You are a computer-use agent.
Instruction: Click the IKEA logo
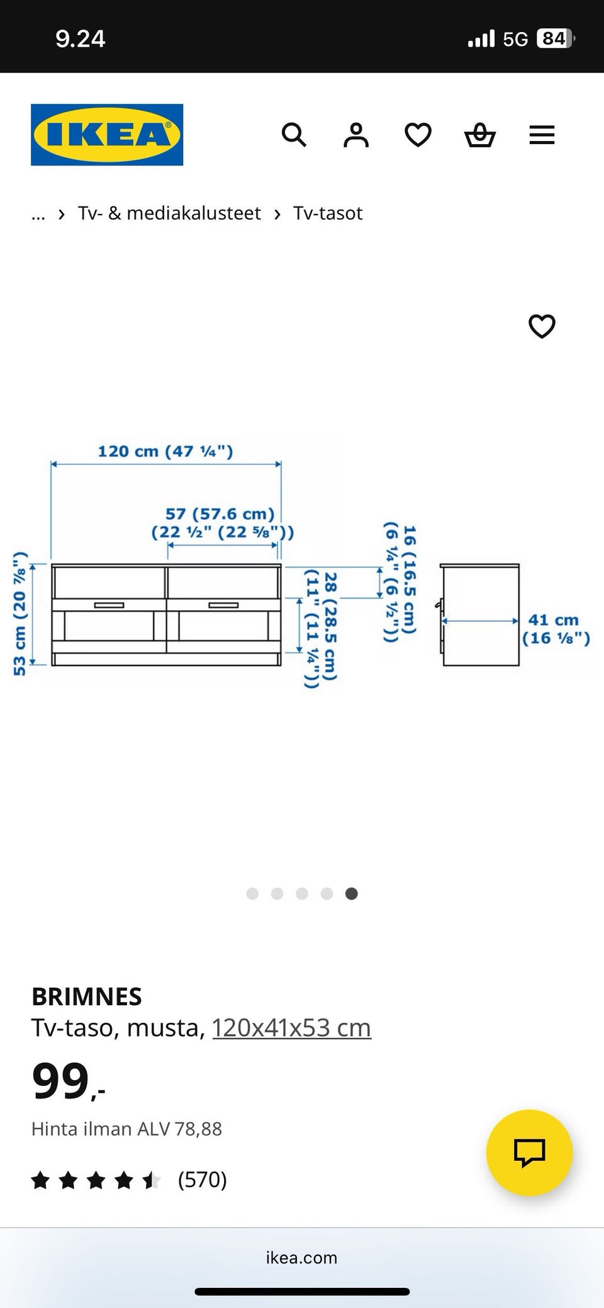click(x=107, y=135)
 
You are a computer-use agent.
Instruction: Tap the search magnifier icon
click(x=294, y=135)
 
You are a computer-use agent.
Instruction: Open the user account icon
click(x=355, y=135)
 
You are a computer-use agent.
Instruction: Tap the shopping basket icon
click(x=480, y=135)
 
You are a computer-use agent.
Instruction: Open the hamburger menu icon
click(x=542, y=135)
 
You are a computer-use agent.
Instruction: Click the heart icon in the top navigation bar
click(x=418, y=135)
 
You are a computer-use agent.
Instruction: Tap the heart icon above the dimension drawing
click(x=542, y=326)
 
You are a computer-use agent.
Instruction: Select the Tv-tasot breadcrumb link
click(x=328, y=213)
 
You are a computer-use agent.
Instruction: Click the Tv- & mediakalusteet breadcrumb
click(x=169, y=213)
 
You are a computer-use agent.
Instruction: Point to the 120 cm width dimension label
click(x=165, y=451)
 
